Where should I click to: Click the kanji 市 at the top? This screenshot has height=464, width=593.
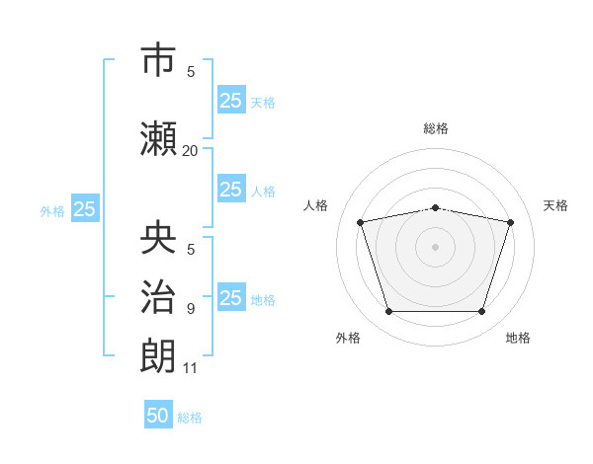[x=158, y=59]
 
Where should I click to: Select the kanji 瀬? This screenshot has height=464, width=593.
[x=158, y=139]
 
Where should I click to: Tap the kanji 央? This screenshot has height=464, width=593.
[x=158, y=237]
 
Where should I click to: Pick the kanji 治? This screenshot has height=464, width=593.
[x=158, y=296]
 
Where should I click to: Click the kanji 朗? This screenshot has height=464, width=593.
[x=158, y=355]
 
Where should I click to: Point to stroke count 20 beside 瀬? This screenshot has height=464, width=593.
[x=190, y=151]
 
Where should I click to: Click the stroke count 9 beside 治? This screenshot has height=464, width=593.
[x=191, y=309]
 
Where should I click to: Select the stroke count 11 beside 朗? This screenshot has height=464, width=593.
[x=190, y=368]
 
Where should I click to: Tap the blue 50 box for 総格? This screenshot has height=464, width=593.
[x=158, y=414]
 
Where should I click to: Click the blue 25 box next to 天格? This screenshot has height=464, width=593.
[x=231, y=100]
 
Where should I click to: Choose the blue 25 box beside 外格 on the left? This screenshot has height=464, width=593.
[x=85, y=208]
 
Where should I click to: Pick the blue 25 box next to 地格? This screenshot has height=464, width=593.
[x=231, y=296]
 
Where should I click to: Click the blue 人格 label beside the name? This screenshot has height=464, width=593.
[x=263, y=192]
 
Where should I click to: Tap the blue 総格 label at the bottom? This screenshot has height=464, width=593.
[x=190, y=418]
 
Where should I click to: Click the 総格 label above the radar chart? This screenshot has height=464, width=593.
[x=436, y=128]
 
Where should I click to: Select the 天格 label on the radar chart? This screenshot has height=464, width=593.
[x=555, y=205]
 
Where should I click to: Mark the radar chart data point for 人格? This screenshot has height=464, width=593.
[x=361, y=222]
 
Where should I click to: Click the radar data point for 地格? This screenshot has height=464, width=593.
[x=482, y=312]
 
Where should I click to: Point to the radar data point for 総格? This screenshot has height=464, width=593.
[x=436, y=208]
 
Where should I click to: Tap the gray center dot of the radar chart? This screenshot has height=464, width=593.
[x=435, y=247]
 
